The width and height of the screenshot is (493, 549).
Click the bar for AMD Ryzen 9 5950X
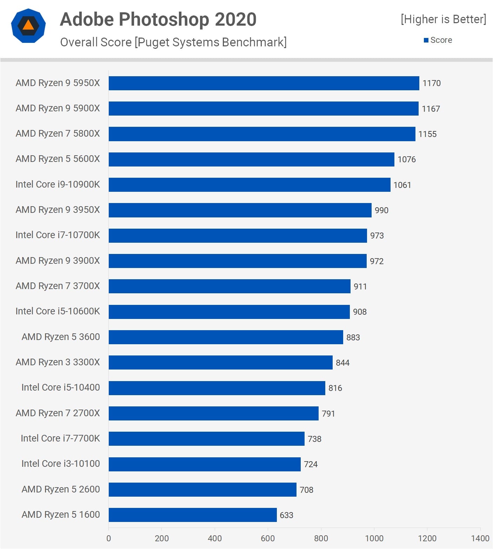click(264, 83)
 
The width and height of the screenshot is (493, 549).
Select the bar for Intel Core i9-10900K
click(249, 185)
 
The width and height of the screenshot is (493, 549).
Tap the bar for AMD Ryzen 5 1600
click(193, 515)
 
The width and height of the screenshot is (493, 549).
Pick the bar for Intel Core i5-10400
click(217, 388)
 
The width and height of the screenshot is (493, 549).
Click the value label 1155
click(427, 134)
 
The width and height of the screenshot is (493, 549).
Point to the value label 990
click(381, 210)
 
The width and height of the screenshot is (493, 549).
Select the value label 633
click(286, 515)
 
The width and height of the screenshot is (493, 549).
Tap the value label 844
click(342, 363)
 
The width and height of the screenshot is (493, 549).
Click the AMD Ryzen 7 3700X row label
click(58, 286)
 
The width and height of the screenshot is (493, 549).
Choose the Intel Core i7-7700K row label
click(60, 438)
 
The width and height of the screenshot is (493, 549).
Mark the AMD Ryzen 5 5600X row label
click(58, 159)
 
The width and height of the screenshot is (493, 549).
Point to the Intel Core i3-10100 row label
click(61, 464)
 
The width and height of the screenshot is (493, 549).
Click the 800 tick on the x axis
click(321, 538)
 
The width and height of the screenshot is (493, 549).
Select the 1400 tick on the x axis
click(480, 538)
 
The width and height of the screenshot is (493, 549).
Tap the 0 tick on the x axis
click(109, 538)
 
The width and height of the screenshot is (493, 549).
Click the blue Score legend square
click(426, 40)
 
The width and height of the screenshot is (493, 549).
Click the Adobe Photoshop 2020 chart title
click(158, 19)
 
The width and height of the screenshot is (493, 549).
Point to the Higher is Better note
click(444, 19)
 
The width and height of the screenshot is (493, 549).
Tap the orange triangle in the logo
click(28, 25)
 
